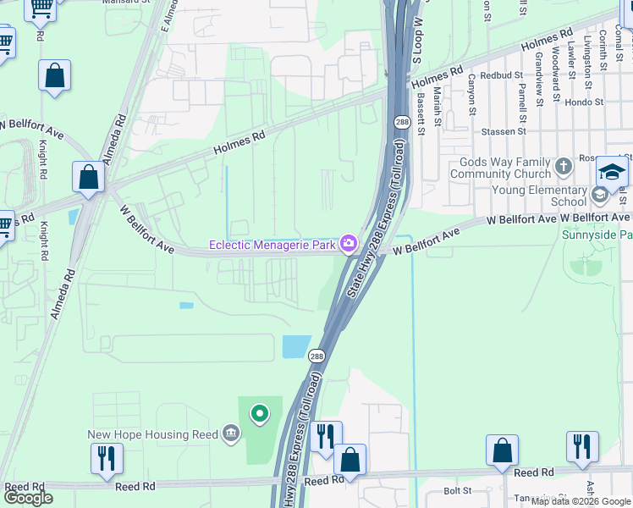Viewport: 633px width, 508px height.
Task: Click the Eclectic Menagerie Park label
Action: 273,246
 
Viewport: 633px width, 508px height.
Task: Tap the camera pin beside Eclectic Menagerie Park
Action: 349,245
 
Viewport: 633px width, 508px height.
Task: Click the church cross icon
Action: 564,163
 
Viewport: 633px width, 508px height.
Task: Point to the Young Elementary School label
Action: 538,196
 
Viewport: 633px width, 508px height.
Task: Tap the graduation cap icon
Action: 610,172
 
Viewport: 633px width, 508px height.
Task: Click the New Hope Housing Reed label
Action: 152,435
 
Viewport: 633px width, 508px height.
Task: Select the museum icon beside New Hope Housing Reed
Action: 230,434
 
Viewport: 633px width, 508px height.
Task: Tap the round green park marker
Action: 260,414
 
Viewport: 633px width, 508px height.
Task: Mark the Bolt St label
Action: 457,490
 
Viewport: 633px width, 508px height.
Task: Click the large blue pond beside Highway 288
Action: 295,346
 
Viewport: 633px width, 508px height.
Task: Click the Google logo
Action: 29,498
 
